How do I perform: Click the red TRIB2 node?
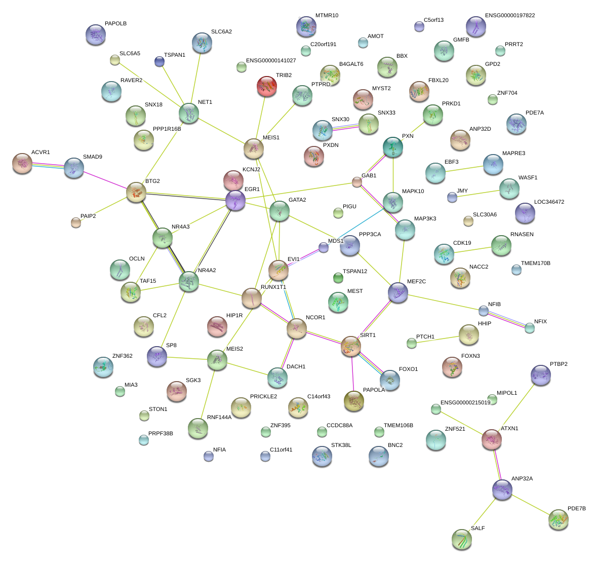click(266, 86)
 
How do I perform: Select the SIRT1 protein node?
click(351, 346)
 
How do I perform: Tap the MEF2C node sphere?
click(398, 292)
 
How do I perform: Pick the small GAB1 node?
click(357, 182)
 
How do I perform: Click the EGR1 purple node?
click(235, 200)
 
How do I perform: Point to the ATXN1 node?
click(491, 439)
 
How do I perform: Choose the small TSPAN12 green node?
click(338, 277)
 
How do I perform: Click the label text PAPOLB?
click(115, 24)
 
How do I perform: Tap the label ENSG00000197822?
click(509, 16)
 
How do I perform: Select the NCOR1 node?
click(296, 328)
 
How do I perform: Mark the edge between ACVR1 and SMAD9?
click(48, 165)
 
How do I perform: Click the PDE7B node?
click(558, 519)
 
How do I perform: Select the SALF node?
click(461, 539)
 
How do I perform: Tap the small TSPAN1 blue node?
click(160, 62)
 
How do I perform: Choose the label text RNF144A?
click(219, 418)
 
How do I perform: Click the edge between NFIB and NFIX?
click(507, 318)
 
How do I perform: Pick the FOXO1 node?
click(389, 380)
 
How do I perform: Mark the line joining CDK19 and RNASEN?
click(472, 250)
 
